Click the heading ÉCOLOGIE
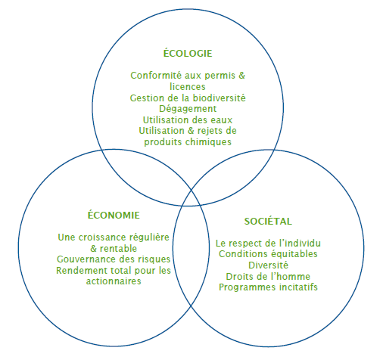pos(188,53)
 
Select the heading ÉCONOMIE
pos(114,215)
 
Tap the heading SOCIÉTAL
pos(268,221)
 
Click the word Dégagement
pos(188,109)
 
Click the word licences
pos(188,87)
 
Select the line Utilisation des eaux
pos(188,120)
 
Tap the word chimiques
pos(208,142)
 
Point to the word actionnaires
pos(114,281)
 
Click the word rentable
pos(118,249)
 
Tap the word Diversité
pos(268,265)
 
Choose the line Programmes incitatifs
pos(268,287)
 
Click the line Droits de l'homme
pos(268,276)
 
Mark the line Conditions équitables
pos(268,254)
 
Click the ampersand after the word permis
pos(242,76)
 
